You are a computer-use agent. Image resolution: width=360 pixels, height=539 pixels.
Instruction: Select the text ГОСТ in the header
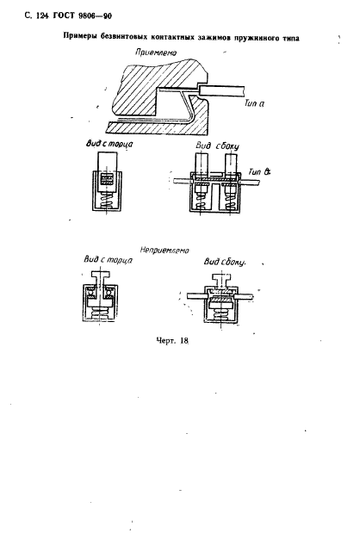tap(64, 15)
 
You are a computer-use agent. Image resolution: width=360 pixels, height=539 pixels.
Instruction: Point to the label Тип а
tap(254, 103)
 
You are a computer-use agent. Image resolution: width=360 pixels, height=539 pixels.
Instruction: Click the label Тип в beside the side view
tap(259, 171)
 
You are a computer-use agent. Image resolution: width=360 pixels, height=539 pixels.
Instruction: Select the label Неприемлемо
tap(164, 251)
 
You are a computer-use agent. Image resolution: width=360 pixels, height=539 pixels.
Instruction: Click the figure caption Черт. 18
tap(172, 341)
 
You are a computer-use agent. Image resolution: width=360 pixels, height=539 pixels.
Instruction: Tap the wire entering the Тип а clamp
tap(221, 90)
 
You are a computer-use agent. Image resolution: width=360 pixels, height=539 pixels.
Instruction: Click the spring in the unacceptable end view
tap(100, 313)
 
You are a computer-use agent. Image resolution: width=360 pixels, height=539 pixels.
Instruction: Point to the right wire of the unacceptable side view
tap(244, 295)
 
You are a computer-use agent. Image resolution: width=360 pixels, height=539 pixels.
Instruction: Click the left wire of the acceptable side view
tap(183, 179)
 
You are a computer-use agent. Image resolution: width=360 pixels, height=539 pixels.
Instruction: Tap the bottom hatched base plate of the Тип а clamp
tap(157, 128)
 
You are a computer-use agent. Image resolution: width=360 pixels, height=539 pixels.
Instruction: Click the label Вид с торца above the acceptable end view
tap(109, 144)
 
